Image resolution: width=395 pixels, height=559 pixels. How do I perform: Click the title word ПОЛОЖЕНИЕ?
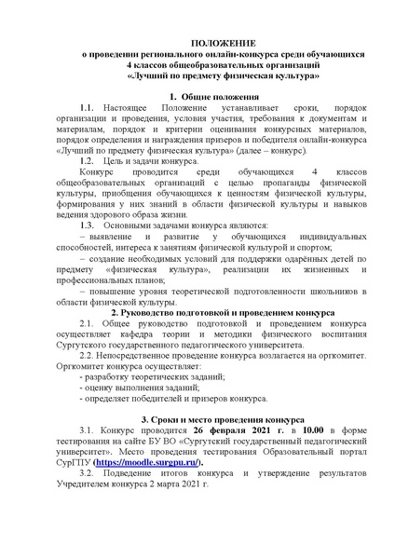(x=197, y=43)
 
